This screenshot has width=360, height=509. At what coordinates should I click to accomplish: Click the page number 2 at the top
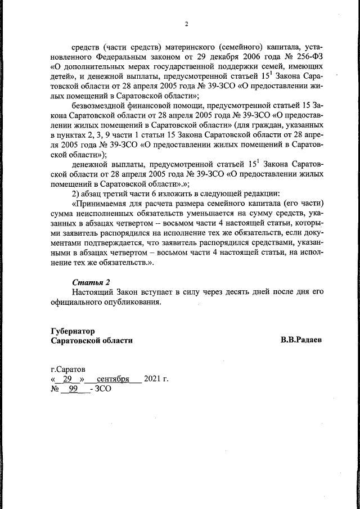click(x=186, y=24)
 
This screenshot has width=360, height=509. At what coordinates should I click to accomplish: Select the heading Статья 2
click(x=89, y=282)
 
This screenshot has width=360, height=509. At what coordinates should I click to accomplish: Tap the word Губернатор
click(x=73, y=331)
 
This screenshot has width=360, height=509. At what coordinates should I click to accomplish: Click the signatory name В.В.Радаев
click(x=301, y=340)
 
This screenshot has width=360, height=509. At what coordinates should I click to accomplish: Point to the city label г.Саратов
click(x=68, y=370)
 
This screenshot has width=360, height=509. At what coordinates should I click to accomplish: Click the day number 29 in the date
click(x=69, y=379)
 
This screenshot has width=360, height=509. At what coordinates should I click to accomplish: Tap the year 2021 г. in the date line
click(x=156, y=379)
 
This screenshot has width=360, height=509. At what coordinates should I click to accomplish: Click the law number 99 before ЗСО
click(x=73, y=389)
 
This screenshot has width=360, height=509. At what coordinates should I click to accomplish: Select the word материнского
click(x=184, y=46)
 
